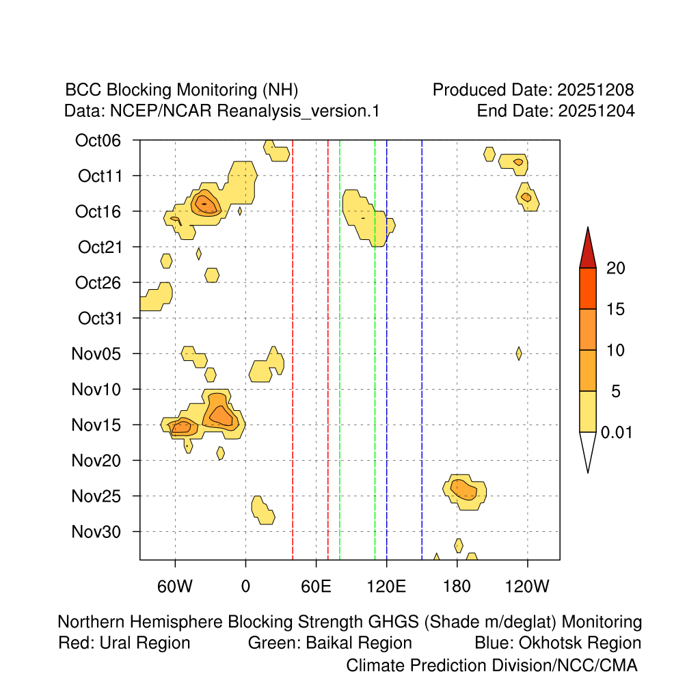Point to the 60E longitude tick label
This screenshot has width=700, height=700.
pyautogui.click(x=316, y=586)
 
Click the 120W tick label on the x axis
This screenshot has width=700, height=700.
pyautogui.click(x=528, y=586)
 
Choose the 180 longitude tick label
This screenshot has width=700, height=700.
pyautogui.click(x=457, y=586)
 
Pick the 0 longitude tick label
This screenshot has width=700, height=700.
pyautogui.click(x=245, y=586)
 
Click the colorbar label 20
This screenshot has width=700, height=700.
pyautogui.click(x=616, y=269)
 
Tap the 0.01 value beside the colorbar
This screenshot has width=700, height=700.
pyautogui.click(x=617, y=433)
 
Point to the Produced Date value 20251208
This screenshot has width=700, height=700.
pyautogui.click(x=595, y=90)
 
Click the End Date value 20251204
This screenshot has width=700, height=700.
pyautogui.click(x=595, y=111)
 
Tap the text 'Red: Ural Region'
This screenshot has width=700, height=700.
pyautogui.click(x=124, y=643)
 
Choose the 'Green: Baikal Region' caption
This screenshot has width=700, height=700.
pyautogui.click(x=330, y=643)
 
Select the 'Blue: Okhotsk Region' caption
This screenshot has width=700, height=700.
pyautogui.click(x=558, y=643)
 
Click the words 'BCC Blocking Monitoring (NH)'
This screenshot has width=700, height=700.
pyautogui.click(x=182, y=90)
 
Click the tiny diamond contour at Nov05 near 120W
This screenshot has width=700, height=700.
pyautogui.click(x=519, y=353)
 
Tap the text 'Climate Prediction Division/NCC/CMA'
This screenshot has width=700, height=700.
pyautogui.click(x=492, y=665)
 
